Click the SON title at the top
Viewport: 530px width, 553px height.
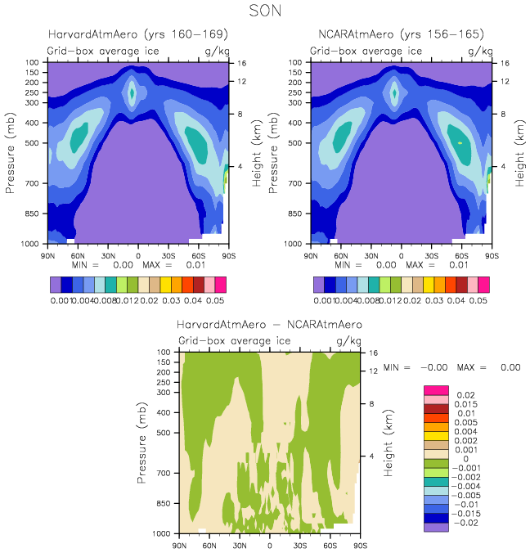(x=266, y=11)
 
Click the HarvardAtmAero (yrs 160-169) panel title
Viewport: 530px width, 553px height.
(x=137, y=34)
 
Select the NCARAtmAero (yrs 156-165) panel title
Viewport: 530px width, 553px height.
(x=401, y=34)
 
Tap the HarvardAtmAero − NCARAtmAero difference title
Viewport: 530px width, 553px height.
(x=269, y=325)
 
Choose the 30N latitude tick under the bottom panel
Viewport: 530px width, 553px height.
(x=240, y=545)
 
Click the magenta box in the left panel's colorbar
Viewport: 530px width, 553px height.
(x=220, y=285)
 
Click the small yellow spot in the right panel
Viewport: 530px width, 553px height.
(x=460, y=142)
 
